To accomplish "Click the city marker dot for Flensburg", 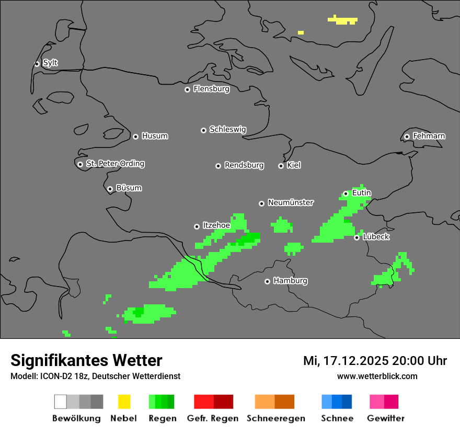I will [187, 89].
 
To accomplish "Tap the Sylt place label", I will [50, 63].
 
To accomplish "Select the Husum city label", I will [155, 136].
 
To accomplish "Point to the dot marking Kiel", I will [281, 166].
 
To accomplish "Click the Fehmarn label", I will [429, 136].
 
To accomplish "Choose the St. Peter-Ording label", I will [115, 164].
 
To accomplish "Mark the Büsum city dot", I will [110, 189].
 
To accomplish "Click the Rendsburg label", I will [244, 165].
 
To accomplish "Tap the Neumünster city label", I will [291, 202].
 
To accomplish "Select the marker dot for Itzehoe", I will [197, 226].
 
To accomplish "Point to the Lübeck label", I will [376, 237].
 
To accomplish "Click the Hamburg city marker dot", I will [267, 281].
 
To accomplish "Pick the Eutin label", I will [361, 193].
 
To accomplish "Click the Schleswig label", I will [227, 129].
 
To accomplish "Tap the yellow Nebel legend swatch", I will [124, 402].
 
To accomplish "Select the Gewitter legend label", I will [385, 418].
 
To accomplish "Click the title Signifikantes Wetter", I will [86, 360].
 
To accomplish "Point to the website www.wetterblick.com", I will [377, 376].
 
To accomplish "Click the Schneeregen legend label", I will [275, 418].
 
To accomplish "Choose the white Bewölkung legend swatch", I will [61, 402].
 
